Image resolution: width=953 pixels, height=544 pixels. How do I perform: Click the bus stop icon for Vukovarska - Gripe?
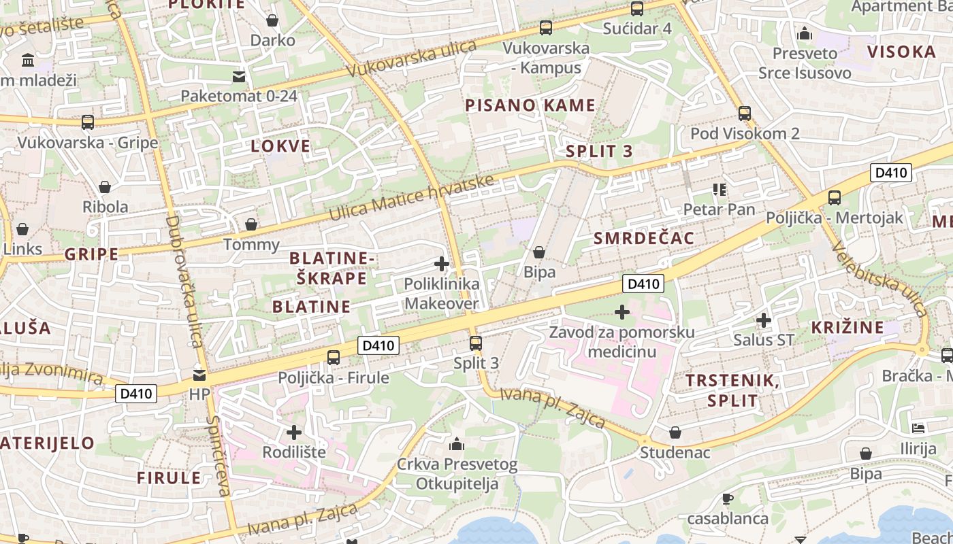pos(88,122)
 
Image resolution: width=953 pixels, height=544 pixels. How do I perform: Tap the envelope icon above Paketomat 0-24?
pos(239,75)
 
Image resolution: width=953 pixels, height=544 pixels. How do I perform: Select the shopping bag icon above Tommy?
pos(251,224)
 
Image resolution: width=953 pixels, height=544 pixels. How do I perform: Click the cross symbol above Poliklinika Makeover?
pos(442,263)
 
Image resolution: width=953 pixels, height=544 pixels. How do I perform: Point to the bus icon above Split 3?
pos(476,343)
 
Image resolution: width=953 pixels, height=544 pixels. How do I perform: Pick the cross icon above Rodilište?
pos(294,432)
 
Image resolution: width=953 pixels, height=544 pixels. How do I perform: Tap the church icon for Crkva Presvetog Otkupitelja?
pos(457,444)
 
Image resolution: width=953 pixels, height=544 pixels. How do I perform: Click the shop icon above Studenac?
pos(675,432)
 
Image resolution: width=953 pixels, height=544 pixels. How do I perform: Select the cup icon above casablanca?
pos(727,498)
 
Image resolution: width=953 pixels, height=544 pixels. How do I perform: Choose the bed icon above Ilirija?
pos(918,428)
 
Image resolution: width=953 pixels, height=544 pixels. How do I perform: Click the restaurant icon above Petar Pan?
pos(720,189)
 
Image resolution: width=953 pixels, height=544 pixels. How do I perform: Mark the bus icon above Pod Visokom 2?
pos(745,113)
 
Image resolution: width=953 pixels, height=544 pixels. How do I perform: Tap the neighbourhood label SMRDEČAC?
pos(644,238)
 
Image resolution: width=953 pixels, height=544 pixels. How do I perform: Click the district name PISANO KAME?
pos(530,105)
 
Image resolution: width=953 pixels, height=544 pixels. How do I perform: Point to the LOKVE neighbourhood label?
pos(280,146)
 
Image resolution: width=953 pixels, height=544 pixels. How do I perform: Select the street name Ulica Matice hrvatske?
pos(411,198)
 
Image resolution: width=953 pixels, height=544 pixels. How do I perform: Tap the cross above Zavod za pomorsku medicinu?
pos(622,312)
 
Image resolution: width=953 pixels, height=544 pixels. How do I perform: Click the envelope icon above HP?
pos(199,374)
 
